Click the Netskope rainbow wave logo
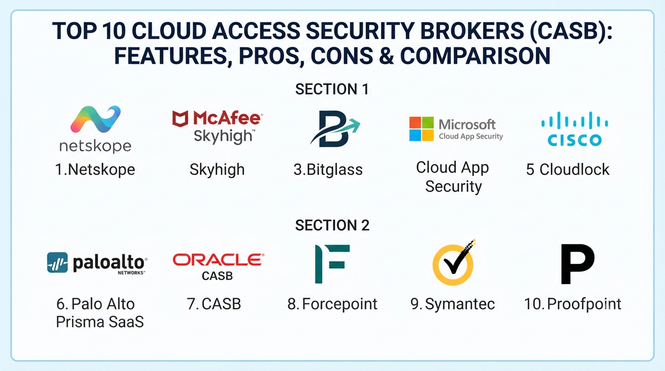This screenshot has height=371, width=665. click(96, 119)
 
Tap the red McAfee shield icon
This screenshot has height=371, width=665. click(180, 119)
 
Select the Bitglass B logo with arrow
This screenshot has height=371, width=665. click(335, 128)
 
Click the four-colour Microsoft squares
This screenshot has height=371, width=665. click(421, 129)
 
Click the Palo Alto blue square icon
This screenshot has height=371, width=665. click(58, 262)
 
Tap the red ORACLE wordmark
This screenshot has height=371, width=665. click(218, 260)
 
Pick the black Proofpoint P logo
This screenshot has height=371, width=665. click(578, 264)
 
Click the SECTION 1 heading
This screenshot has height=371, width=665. click(332, 89)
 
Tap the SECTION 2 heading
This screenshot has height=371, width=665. click(332, 225)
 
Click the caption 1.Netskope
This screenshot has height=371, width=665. click(95, 170)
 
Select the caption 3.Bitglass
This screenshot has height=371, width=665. click(328, 170)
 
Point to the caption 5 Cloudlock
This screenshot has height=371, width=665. click(568, 170)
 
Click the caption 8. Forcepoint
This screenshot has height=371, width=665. click(332, 304)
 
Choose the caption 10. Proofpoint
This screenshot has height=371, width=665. click(573, 304)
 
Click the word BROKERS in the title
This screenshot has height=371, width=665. click(472, 30)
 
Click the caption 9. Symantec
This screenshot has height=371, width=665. click(453, 304)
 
